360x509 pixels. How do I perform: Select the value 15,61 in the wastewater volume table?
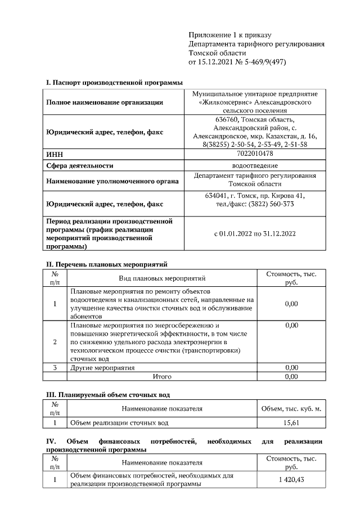click(291, 422)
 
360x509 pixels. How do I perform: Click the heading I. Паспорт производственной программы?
click(114, 83)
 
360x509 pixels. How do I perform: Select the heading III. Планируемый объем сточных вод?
click(107, 395)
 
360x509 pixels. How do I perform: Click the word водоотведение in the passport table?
click(255, 165)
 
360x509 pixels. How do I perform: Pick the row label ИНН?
click(54, 154)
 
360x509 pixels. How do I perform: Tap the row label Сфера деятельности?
click(80, 165)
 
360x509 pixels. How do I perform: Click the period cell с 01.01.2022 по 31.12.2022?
click(255, 233)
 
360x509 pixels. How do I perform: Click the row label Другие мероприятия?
click(102, 368)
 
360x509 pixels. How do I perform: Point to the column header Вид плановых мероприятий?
click(162, 278)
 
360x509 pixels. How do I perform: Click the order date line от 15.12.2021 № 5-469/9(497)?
click(237, 62)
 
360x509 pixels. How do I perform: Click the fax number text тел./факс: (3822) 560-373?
click(255, 204)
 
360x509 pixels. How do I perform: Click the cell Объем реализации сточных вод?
click(119, 422)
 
